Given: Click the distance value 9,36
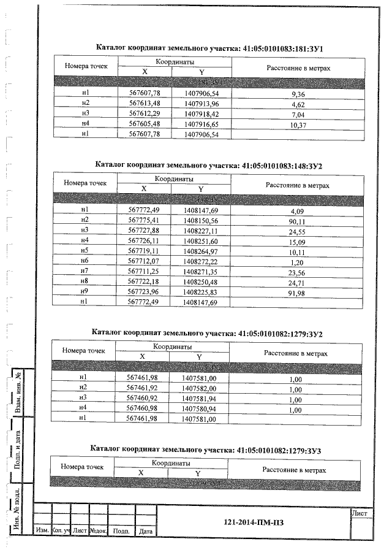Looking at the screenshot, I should pos(298,94).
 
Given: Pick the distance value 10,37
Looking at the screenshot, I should pos(298,125).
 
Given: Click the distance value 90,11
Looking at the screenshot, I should pos(297,221).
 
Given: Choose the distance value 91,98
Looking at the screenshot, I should pos(297,292).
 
